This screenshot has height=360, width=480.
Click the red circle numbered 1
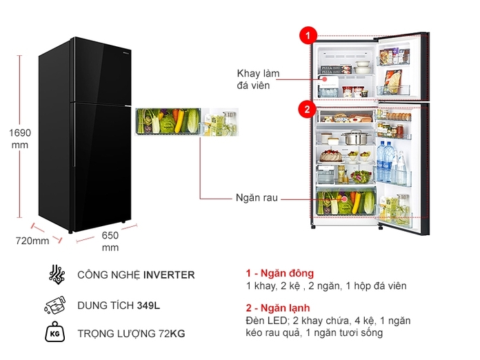point(307,35)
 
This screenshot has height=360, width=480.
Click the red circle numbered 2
point(307,108)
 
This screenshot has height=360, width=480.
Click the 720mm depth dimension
point(32,241)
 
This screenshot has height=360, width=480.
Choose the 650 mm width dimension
point(110,241)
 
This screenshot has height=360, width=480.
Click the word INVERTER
point(169,274)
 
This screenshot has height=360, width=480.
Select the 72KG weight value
point(172,334)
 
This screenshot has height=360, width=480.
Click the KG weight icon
point(54,334)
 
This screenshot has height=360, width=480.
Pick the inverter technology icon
point(55,274)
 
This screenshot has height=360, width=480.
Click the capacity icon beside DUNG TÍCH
point(54,304)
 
